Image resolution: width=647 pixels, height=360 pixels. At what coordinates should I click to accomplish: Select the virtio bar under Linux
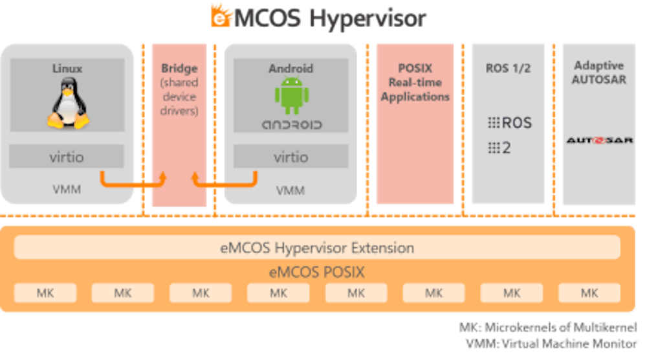[67, 157]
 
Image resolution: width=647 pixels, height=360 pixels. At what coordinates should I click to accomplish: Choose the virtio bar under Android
[291, 157]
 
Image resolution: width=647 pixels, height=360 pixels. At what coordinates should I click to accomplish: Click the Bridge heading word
[179, 69]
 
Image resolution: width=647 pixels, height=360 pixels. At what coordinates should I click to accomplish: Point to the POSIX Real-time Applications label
[415, 82]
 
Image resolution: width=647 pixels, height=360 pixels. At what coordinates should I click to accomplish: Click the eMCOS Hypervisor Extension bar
[317, 247]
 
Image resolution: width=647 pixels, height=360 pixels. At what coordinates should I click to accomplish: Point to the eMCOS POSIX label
[317, 272]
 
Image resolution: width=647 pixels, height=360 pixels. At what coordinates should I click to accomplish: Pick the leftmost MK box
[45, 293]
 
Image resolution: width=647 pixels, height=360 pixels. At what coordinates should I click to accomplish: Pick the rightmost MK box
[589, 293]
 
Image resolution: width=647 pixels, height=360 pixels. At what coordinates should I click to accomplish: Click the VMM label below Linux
[67, 190]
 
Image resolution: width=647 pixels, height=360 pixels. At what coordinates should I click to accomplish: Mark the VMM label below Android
[291, 190]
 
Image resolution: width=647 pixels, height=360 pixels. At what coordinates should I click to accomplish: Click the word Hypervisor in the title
[367, 18]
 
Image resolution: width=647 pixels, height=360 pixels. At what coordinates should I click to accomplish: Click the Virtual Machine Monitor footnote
[550, 343]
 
